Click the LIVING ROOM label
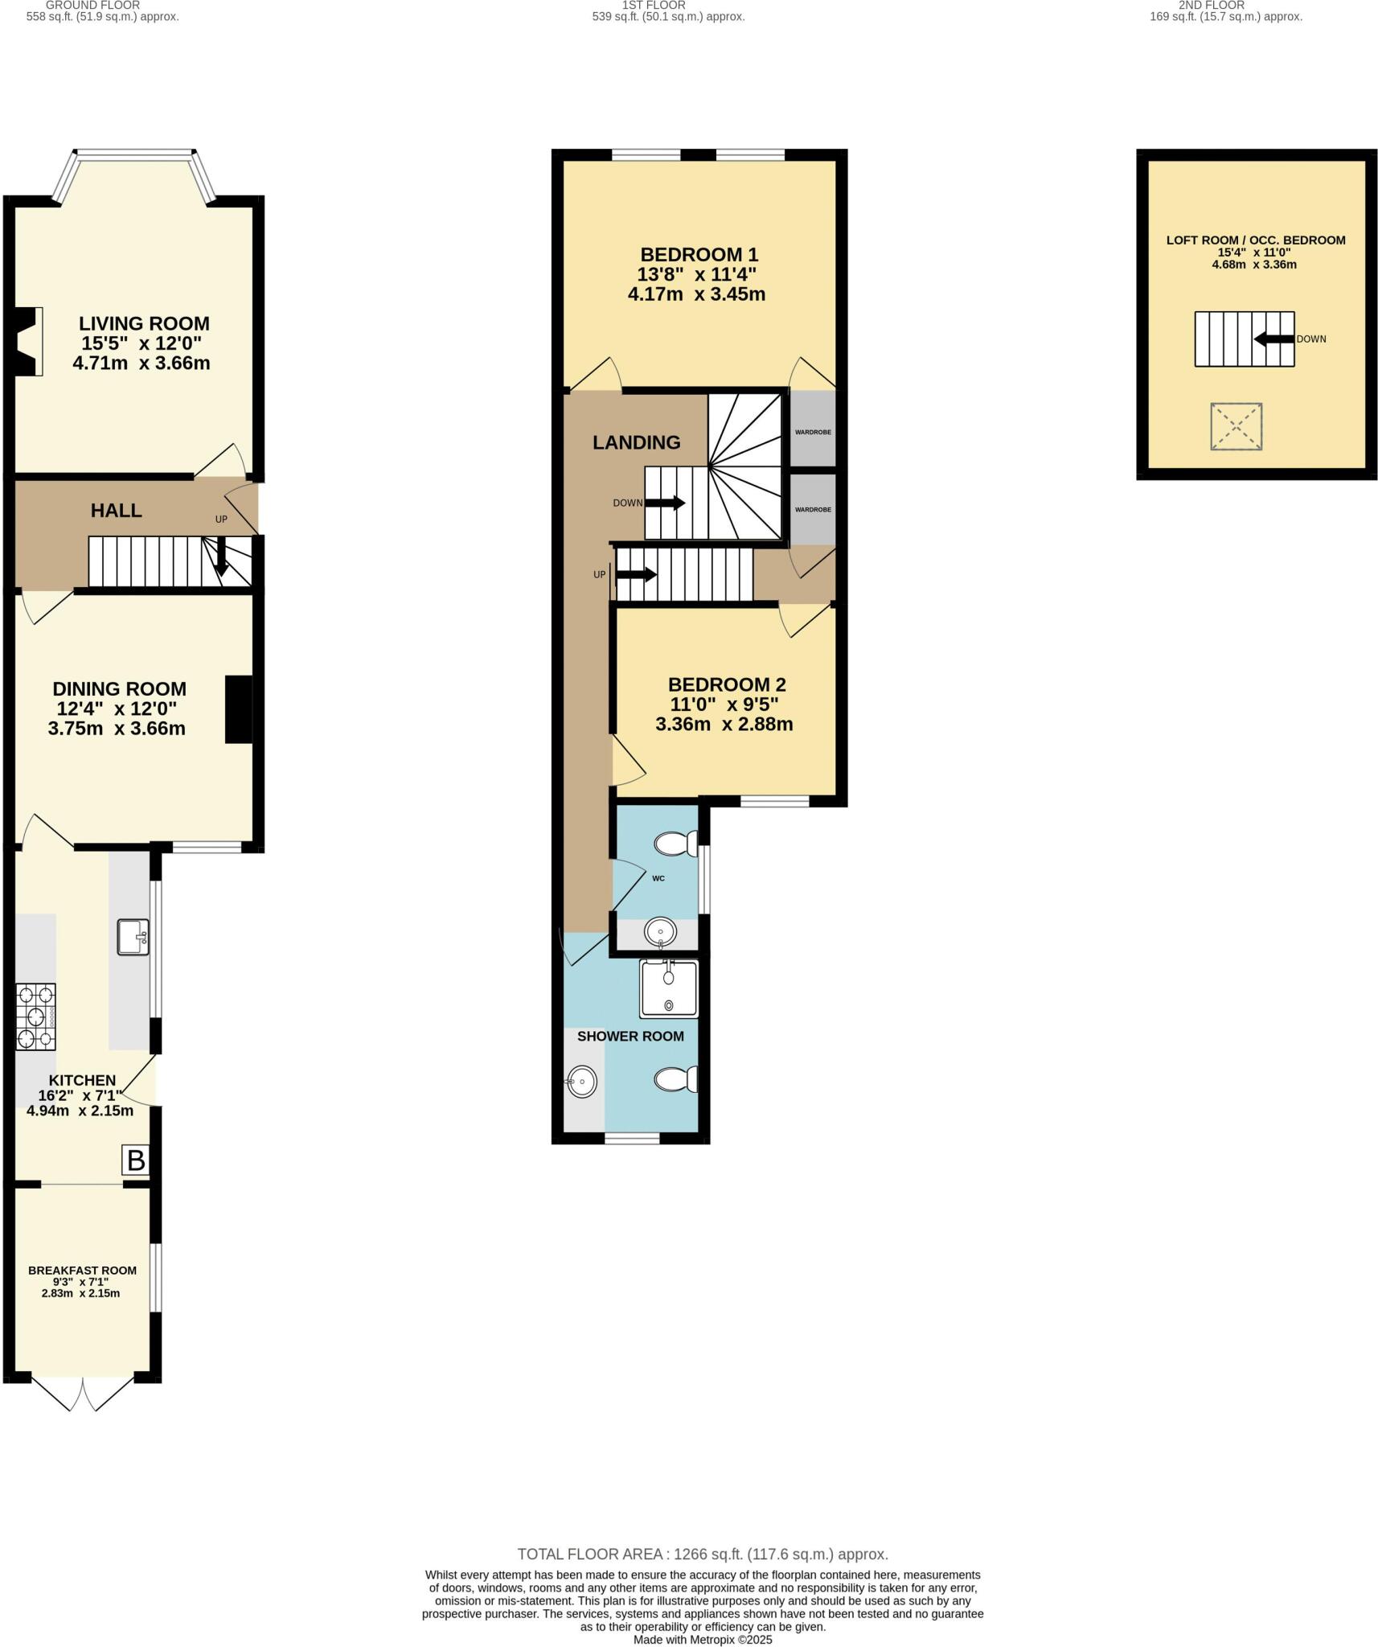(144, 323)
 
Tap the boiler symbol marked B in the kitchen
(136, 1160)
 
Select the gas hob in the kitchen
(36, 1017)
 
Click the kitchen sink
(133, 937)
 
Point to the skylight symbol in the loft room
(1236, 426)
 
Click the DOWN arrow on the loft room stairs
(1274, 339)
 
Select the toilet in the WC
(675, 844)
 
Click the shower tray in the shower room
(668, 988)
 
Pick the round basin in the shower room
(581, 1082)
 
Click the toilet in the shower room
(675, 1079)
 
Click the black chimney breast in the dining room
(239, 708)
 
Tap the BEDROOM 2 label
(727, 684)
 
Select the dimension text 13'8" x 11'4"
(696, 274)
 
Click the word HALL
(116, 510)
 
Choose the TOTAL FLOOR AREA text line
(702, 1554)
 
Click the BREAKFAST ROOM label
(82, 1271)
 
